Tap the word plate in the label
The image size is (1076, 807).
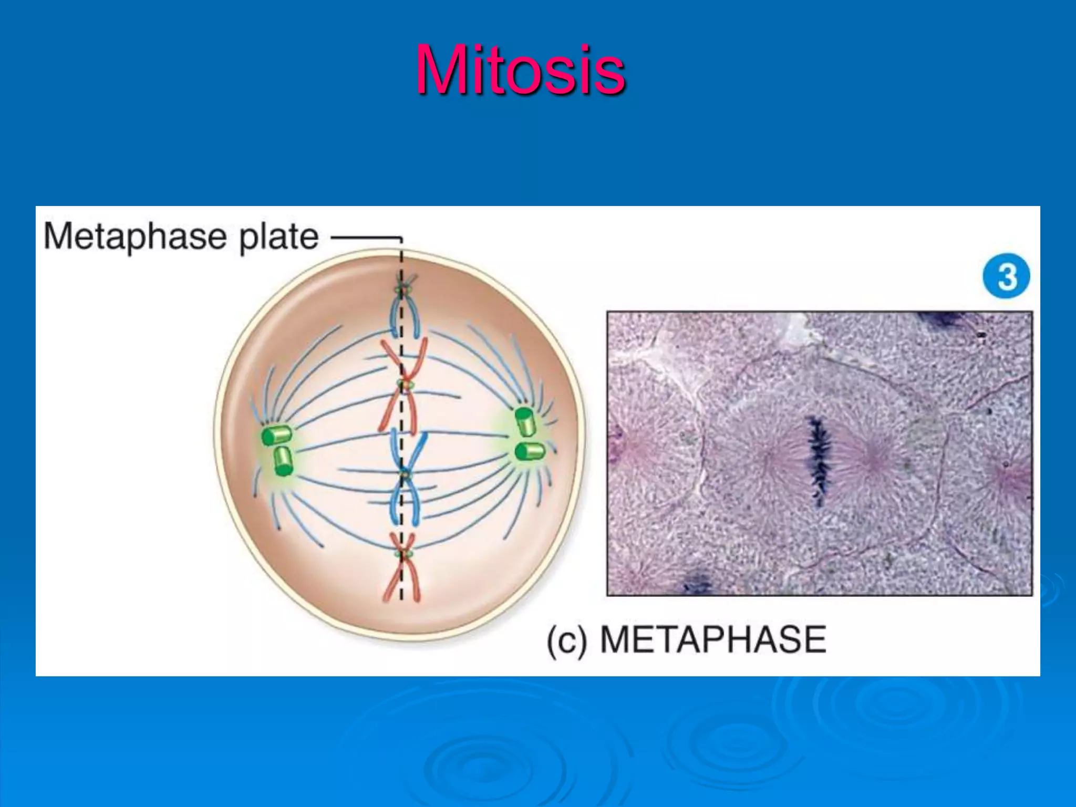point(278,237)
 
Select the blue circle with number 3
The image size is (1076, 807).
point(1006,276)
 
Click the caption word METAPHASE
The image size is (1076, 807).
point(713,639)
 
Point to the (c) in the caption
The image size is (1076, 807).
point(566,640)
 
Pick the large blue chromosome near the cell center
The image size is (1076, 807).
point(405,475)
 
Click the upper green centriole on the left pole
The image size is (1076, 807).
point(277,435)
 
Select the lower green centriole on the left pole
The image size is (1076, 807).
point(283,461)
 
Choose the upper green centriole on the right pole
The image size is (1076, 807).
point(525,420)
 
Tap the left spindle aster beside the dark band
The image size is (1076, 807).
point(769,459)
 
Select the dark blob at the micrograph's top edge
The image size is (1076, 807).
point(943,318)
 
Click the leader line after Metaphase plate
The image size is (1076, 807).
point(365,237)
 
